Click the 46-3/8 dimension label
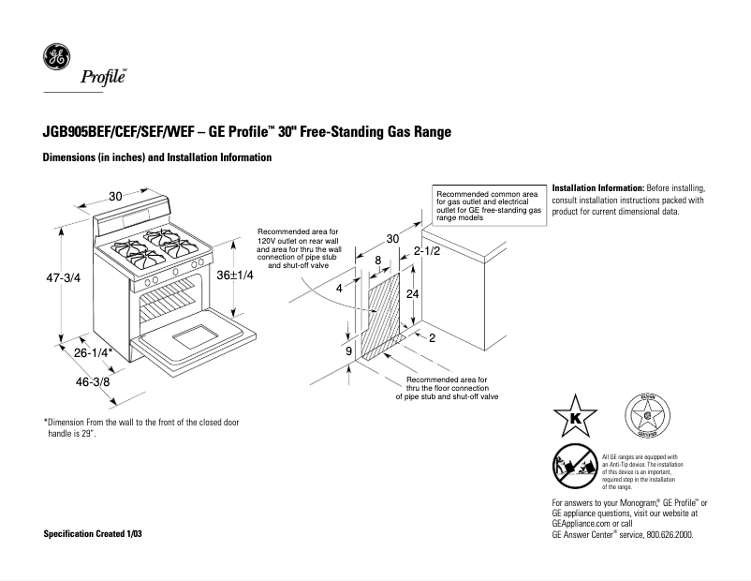[x=93, y=381]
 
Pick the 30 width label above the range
[x=115, y=196]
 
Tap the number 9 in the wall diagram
[x=349, y=350]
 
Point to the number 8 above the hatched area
[x=377, y=260]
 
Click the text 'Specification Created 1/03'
[x=95, y=533]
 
